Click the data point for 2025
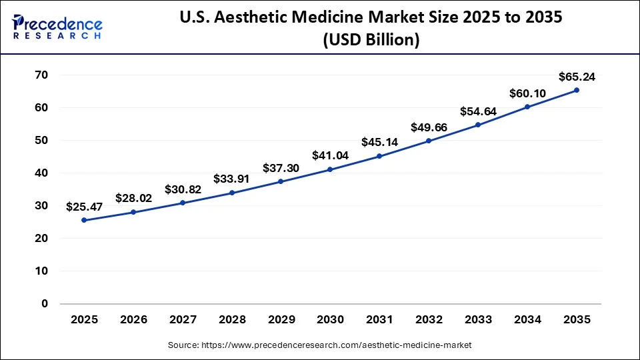point(84,220)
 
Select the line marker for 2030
point(330,169)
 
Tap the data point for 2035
point(577,90)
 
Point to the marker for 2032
point(429,141)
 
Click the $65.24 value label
point(577,75)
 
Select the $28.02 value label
point(133,197)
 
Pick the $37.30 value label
point(281,167)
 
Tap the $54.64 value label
point(478,111)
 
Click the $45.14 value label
point(379,141)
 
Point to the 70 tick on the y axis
point(41,75)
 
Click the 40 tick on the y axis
point(41,173)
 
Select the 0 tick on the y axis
point(45,303)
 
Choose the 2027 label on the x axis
point(183,320)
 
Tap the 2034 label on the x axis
point(527,320)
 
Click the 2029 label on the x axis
point(281,320)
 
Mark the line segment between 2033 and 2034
point(503,115)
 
